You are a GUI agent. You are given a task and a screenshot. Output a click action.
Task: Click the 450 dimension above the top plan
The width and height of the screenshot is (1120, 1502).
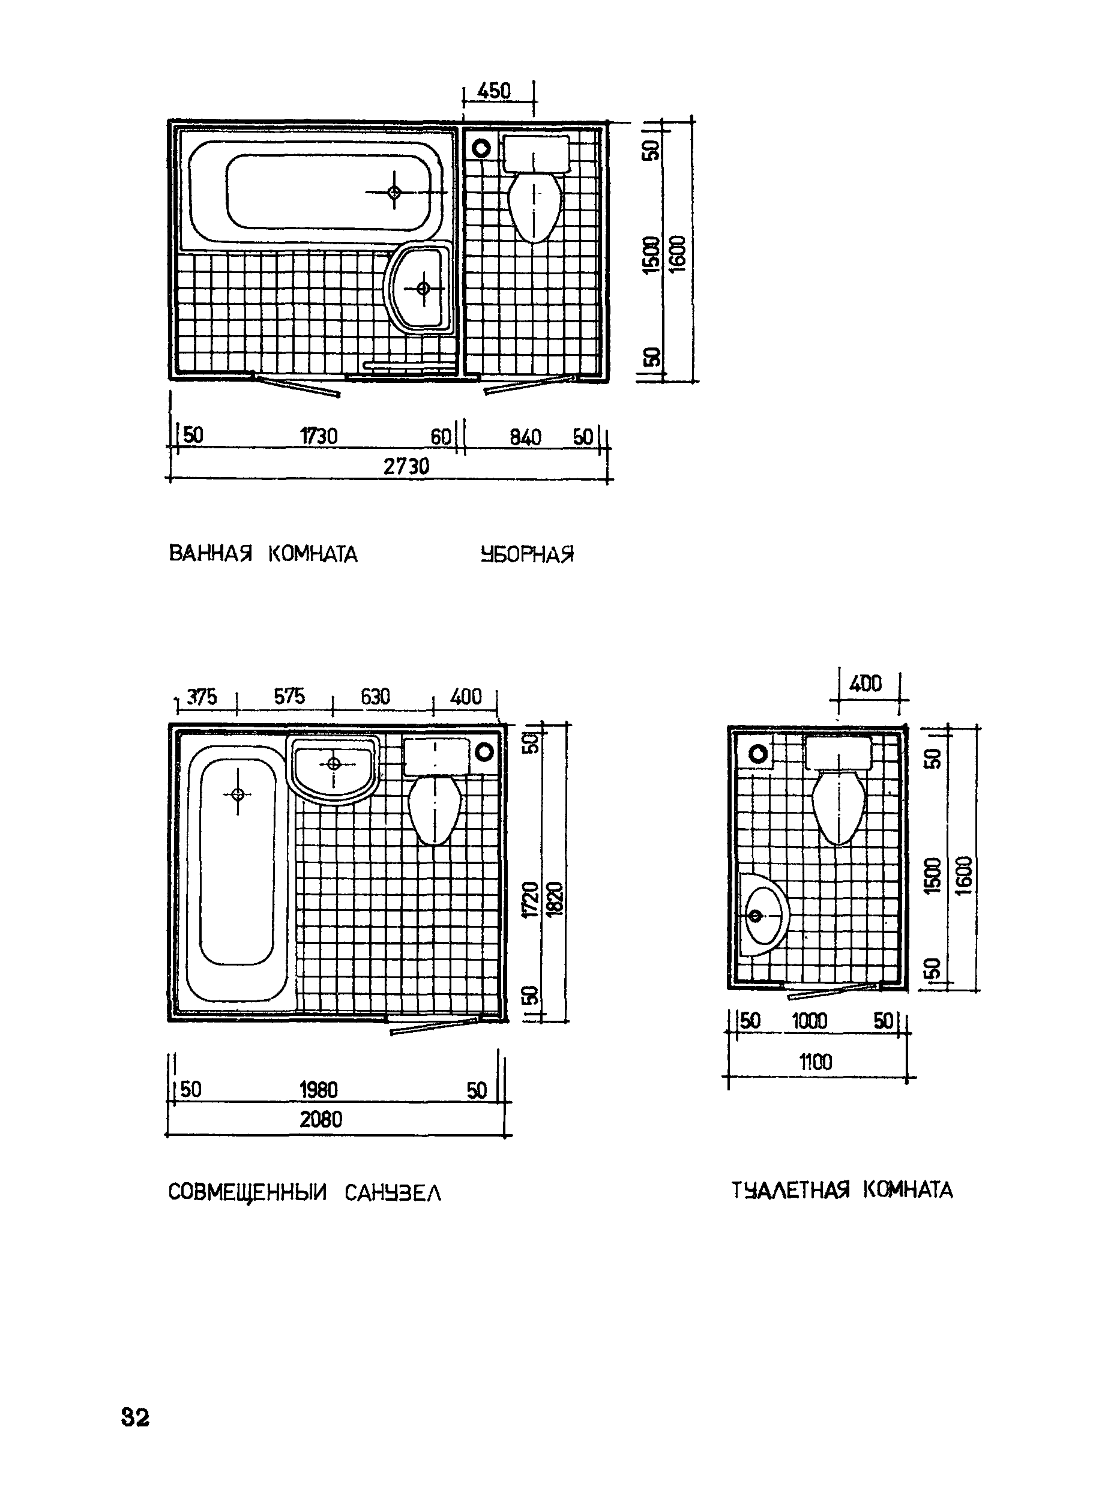click(494, 91)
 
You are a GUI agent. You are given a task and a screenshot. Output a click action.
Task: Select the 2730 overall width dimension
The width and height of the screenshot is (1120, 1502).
click(406, 466)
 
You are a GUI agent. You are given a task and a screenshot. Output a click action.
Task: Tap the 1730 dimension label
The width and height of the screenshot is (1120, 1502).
click(319, 436)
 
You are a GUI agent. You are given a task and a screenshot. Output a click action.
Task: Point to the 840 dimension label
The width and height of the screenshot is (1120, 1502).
click(525, 437)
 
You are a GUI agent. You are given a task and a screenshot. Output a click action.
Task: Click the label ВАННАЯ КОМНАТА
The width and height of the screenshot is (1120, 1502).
click(262, 554)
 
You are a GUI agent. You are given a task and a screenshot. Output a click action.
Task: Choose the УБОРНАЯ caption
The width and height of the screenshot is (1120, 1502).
click(527, 554)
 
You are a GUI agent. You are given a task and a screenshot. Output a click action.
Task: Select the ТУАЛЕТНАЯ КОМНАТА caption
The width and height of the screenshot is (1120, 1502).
click(842, 1189)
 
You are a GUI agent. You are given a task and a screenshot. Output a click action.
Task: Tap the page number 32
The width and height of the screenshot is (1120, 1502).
click(135, 1416)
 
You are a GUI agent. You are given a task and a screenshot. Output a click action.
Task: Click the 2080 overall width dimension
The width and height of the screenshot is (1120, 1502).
click(321, 1119)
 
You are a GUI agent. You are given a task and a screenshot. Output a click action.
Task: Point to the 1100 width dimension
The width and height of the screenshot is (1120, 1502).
click(816, 1062)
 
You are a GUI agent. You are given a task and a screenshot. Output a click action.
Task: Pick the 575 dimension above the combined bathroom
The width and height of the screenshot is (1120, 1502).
click(289, 696)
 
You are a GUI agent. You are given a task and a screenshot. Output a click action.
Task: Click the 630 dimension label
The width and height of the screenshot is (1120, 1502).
click(376, 697)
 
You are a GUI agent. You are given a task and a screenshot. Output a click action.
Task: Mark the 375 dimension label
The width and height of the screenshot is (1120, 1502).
click(202, 697)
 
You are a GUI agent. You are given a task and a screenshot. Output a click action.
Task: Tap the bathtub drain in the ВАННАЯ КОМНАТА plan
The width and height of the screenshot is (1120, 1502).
click(394, 193)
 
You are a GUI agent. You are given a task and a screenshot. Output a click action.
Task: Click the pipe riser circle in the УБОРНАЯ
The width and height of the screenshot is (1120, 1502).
click(481, 147)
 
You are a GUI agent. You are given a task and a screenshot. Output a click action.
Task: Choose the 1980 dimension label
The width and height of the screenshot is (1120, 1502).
click(319, 1090)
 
